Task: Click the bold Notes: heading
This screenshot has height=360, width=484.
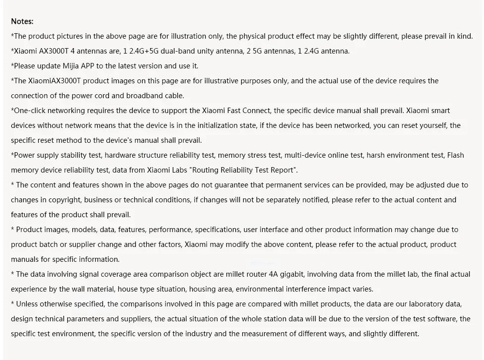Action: [22, 21]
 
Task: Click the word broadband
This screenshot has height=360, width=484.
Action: [141, 96]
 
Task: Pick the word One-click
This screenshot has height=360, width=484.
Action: [29, 111]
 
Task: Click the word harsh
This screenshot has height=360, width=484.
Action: [376, 155]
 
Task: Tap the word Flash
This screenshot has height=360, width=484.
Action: [456, 155]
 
